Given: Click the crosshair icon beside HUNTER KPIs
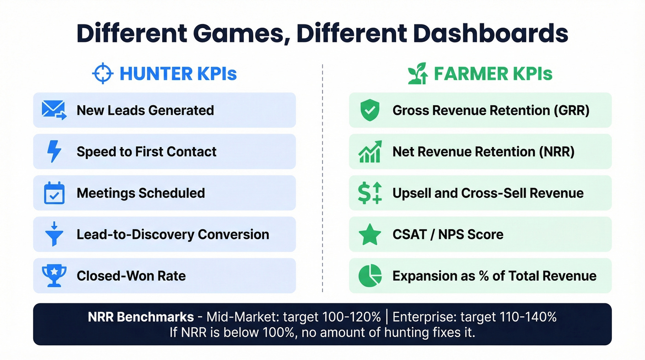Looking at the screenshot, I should tap(103, 74).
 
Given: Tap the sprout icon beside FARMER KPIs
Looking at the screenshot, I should tap(418, 74).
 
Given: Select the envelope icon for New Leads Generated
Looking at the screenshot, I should tap(54, 111).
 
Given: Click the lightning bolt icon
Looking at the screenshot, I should tap(54, 152).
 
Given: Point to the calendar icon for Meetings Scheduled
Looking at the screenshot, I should tap(54, 193).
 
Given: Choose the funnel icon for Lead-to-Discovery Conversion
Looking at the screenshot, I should tap(54, 234).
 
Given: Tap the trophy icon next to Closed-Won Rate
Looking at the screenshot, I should tap(54, 276).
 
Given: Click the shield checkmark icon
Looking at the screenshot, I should tap(370, 111).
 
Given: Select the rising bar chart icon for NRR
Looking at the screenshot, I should tap(370, 152).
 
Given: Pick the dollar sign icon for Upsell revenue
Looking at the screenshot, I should tap(370, 193).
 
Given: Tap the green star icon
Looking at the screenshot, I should tap(370, 235).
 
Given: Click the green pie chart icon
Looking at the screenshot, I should tap(370, 276).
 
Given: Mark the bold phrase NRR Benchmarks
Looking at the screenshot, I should tap(141, 317).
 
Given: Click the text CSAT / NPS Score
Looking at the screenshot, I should tap(448, 235).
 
